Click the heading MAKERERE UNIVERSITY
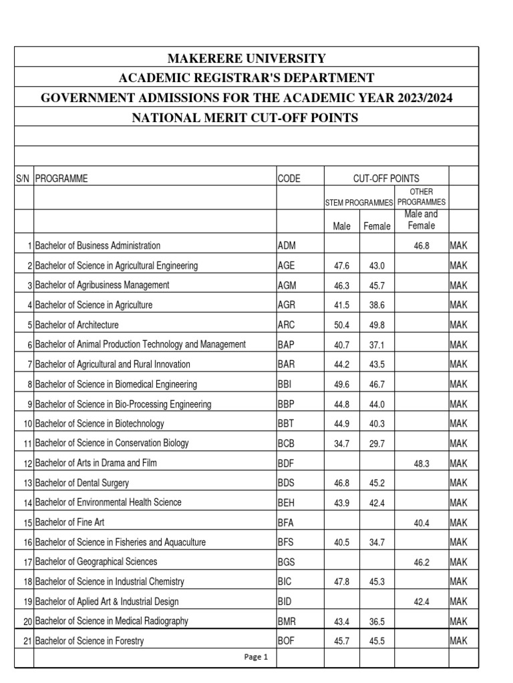(x=246, y=58)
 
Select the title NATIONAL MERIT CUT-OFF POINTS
(x=246, y=118)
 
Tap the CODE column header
(x=289, y=178)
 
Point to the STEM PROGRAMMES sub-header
(x=359, y=202)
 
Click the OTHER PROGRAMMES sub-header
(x=421, y=197)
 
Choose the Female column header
(x=377, y=226)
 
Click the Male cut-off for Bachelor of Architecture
(x=342, y=325)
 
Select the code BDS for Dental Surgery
(x=287, y=483)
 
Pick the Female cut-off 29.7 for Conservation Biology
(x=377, y=444)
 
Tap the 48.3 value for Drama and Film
(x=421, y=464)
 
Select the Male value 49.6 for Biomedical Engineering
(x=342, y=384)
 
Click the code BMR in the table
(x=287, y=622)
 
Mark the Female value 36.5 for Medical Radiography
(x=377, y=622)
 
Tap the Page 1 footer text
(x=256, y=657)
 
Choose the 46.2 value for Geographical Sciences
(x=421, y=562)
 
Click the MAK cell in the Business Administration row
(x=459, y=246)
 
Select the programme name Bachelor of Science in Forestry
(x=90, y=642)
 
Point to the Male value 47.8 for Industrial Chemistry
(x=342, y=582)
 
